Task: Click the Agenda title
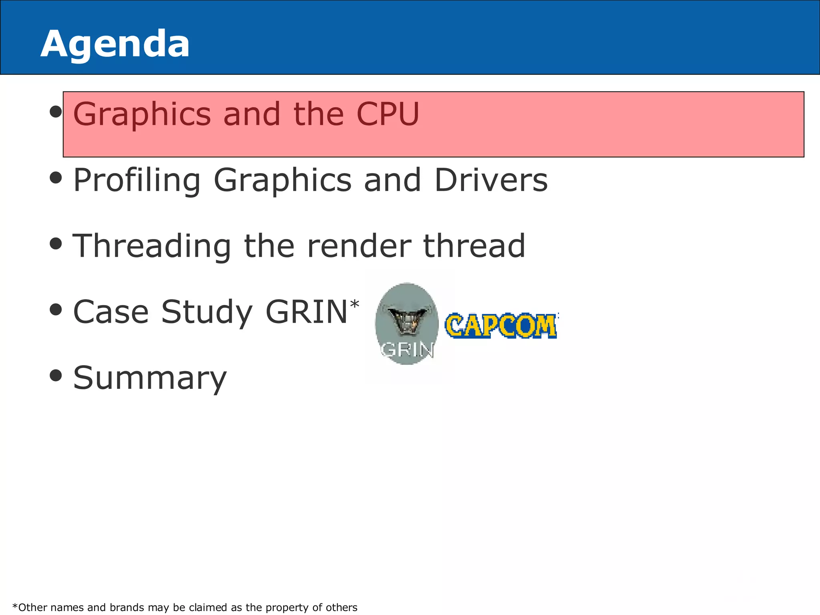click(x=115, y=44)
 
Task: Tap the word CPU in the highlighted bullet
click(x=388, y=114)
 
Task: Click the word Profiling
click(x=137, y=181)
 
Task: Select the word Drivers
click(x=491, y=180)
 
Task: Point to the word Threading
click(x=152, y=246)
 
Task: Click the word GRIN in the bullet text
click(x=306, y=312)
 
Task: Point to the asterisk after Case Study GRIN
click(x=355, y=304)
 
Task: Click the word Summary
click(x=150, y=378)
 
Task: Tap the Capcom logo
click(x=501, y=325)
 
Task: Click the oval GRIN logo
click(x=407, y=324)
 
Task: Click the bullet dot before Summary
click(x=56, y=376)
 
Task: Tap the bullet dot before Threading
click(x=56, y=243)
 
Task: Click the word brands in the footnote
click(x=127, y=607)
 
